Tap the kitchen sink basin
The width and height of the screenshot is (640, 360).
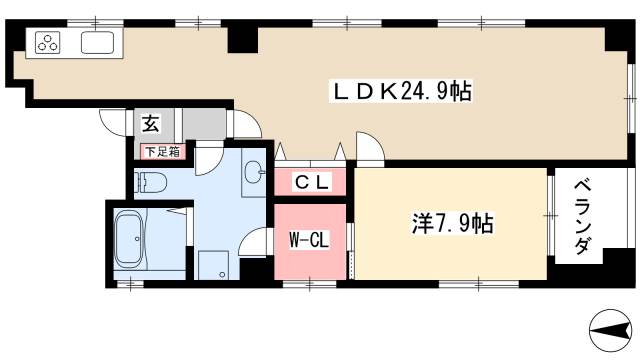[98, 43]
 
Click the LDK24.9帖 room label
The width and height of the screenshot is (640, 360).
[401, 92]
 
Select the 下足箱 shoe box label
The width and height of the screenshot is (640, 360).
[161, 152]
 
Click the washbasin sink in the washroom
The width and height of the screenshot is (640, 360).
[255, 171]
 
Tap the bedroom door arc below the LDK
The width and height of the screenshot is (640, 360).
[368, 148]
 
